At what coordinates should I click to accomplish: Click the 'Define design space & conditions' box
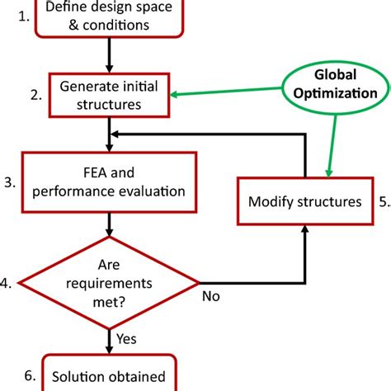click(108, 17)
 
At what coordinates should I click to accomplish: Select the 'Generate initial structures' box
click(107, 94)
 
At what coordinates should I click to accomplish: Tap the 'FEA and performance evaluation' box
click(109, 180)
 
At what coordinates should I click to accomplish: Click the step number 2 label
click(35, 95)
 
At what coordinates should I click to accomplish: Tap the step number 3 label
click(9, 181)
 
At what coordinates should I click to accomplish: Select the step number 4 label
click(7, 284)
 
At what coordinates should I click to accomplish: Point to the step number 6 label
click(29, 375)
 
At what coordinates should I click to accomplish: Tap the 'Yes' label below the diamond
click(128, 338)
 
